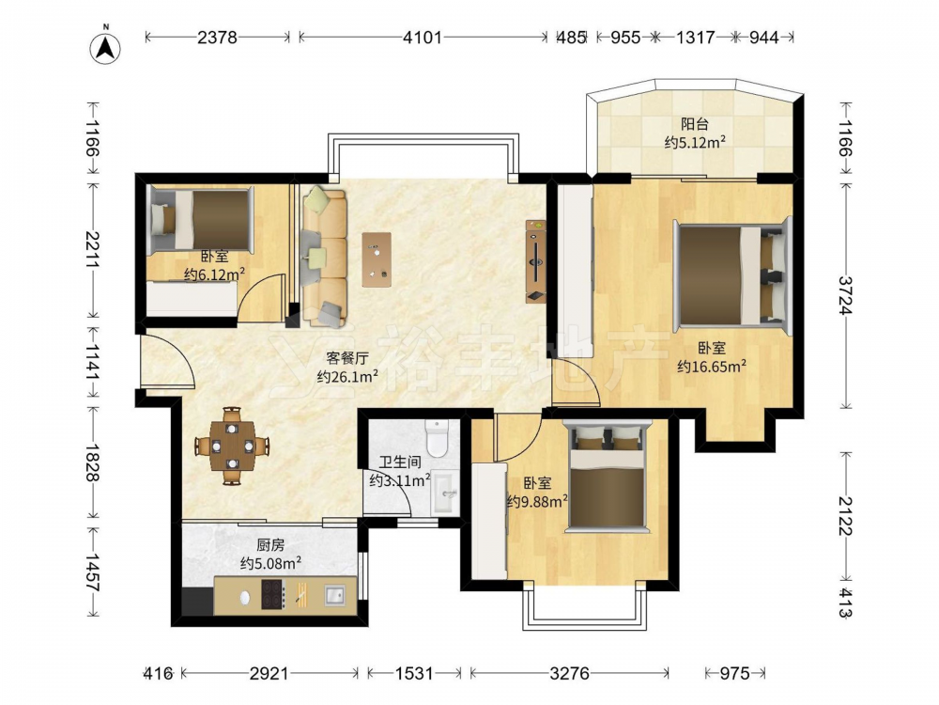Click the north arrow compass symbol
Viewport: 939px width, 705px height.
point(105,48)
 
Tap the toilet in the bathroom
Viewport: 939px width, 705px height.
point(437,438)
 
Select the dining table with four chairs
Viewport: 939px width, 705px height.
point(232,446)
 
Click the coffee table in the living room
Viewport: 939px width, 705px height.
point(377,259)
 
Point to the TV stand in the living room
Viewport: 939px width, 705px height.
point(536,260)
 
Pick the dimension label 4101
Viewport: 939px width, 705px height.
point(423,38)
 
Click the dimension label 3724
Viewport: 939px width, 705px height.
point(845,295)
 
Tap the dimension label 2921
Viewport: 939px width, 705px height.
point(269,674)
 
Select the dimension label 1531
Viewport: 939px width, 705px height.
point(414,674)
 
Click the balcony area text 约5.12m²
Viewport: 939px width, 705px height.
point(695,143)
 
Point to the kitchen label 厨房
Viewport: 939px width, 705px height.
point(270,545)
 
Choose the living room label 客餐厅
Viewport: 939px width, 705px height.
point(346,358)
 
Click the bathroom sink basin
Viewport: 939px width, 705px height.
point(445,493)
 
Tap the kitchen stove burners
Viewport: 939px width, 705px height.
point(273,595)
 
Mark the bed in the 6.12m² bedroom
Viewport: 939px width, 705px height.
point(201,219)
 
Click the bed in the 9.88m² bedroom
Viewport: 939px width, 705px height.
point(608,477)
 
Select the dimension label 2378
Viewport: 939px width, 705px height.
point(218,38)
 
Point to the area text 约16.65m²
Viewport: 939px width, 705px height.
point(712,366)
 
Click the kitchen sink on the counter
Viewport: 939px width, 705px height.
point(335,595)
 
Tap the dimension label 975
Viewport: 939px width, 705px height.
point(734,674)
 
